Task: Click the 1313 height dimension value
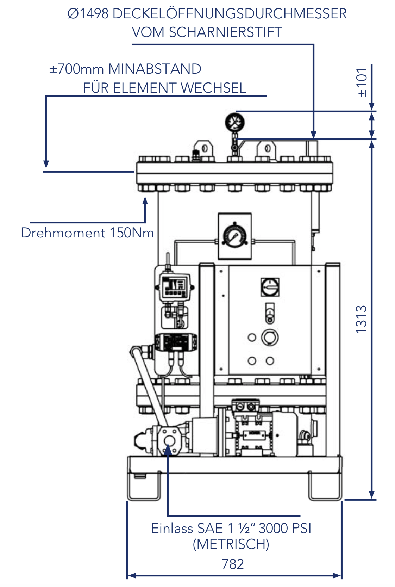tap(362, 319)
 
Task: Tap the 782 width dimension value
tap(233, 564)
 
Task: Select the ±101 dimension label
tap(362, 83)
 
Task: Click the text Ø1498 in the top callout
tap(88, 14)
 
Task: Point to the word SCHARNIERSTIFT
tap(225, 32)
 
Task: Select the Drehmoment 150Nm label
tap(87, 233)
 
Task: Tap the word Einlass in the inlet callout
tap(172, 529)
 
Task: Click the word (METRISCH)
tap(231, 544)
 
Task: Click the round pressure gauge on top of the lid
tap(235, 122)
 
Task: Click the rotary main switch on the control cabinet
tap(270, 287)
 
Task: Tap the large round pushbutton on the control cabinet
tap(270, 337)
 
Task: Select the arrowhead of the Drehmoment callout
tap(145, 201)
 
